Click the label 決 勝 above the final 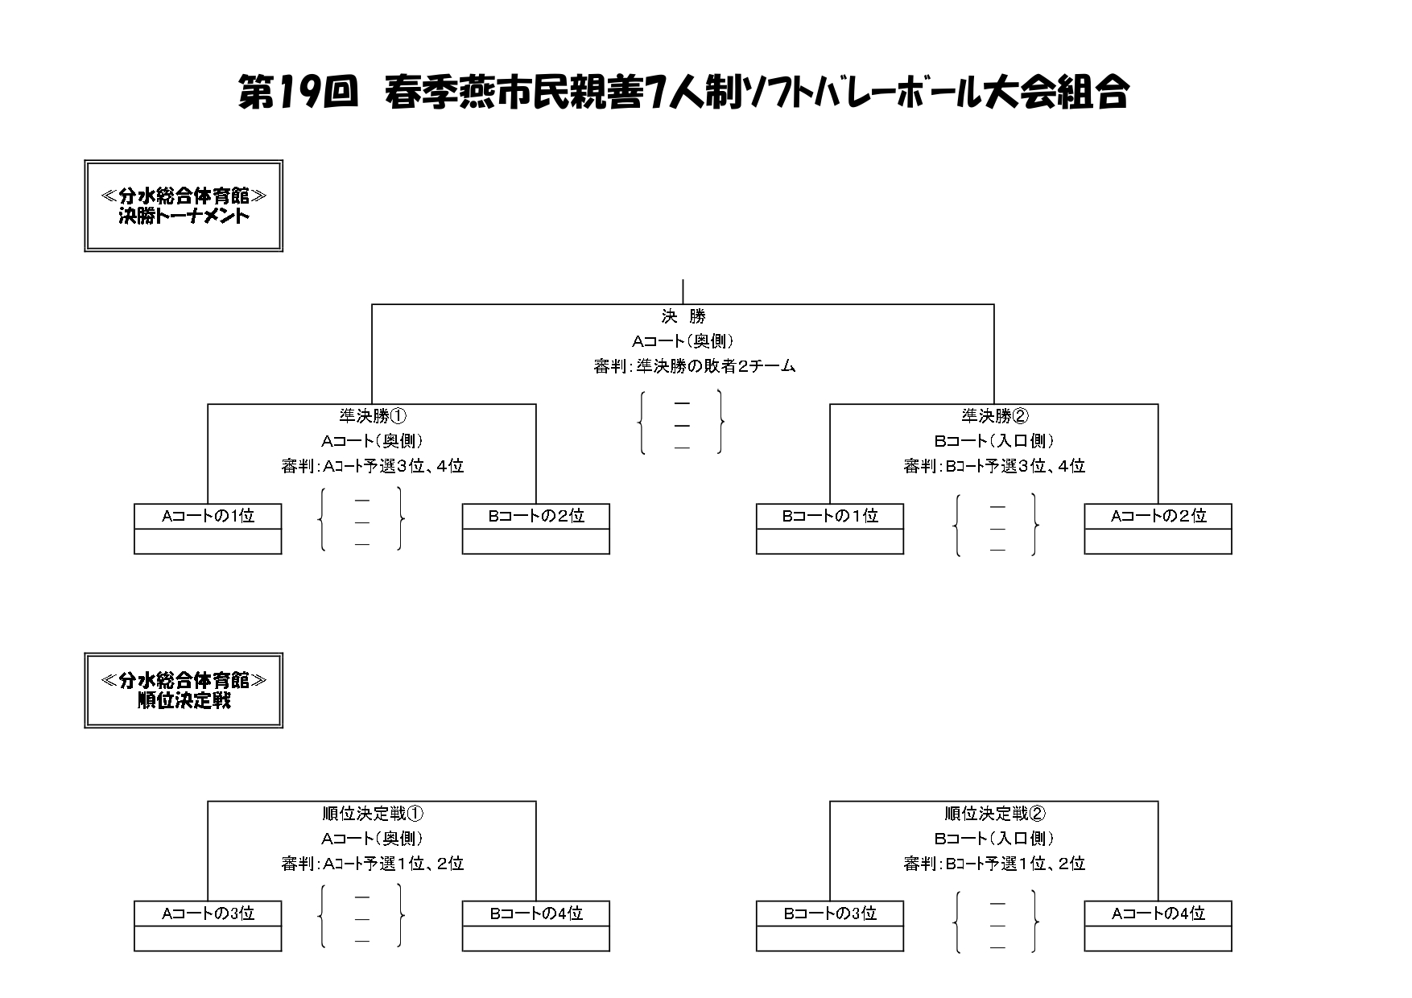683,316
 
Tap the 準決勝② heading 995,416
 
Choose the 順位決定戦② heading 995,814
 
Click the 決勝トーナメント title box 184,206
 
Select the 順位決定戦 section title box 184,691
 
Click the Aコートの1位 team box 208,529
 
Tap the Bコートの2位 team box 536,529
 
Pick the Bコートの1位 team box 830,529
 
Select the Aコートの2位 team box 1158,529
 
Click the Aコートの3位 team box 208,926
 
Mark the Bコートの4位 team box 536,926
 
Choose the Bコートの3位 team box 830,926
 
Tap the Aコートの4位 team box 1158,926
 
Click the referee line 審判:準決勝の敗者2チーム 695,366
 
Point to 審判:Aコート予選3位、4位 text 373,466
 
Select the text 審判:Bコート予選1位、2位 995,864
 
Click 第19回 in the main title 298,93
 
